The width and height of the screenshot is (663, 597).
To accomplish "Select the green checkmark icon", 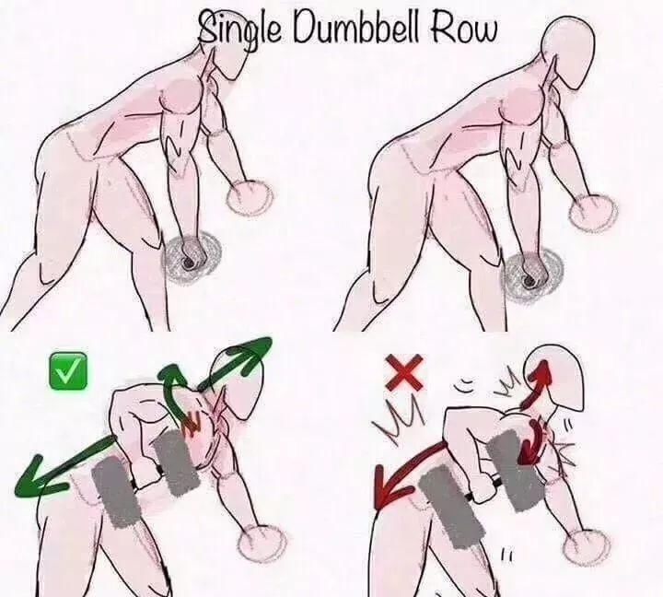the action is pyautogui.click(x=68, y=371).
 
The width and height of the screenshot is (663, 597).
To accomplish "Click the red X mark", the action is pyautogui.click(x=404, y=372).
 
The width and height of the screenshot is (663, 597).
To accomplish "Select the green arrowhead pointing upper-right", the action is pyautogui.click(x=252, y=352).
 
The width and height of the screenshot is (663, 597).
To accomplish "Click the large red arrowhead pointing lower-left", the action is pyautogui.click(x=391, y=486).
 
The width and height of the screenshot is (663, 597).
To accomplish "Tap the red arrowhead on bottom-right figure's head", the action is pyautogui.click(x=541, y=371).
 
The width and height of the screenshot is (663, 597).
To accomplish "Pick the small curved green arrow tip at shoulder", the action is pyautogui.click(x=171, y=372).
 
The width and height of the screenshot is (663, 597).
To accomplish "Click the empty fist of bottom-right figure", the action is pyautogui.click(x=587, y=546).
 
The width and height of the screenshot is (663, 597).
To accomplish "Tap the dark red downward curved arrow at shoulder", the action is pyautogui.click(x=530, y=441).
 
